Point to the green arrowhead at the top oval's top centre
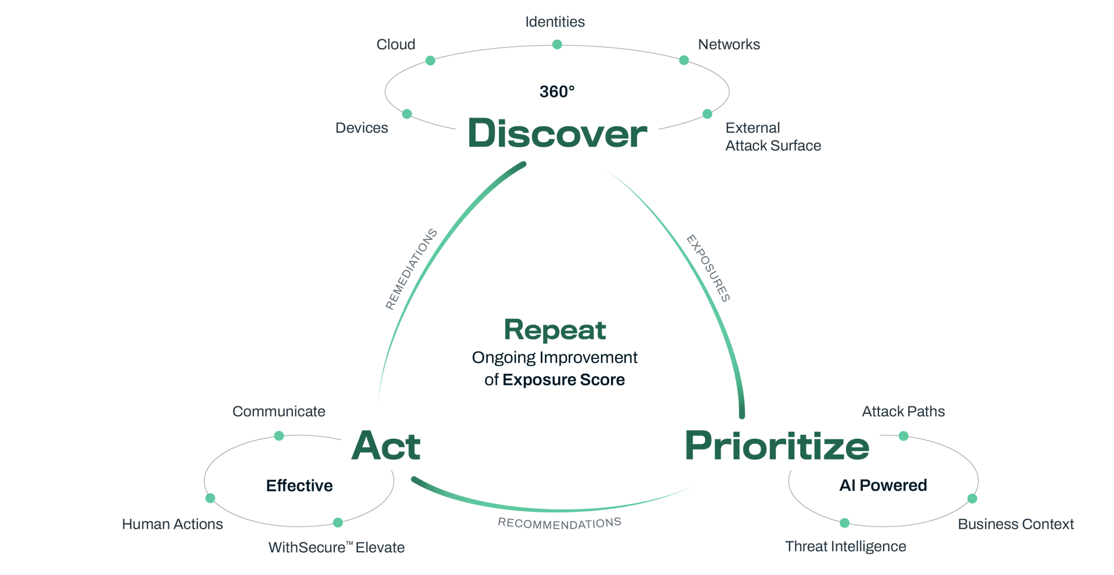click(556, 44)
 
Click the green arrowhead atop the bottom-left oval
click(279, 435)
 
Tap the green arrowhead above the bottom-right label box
click(903, 436)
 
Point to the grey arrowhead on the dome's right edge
click(690, 238)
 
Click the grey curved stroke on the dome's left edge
click(409, 267)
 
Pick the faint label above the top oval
click(554, 23)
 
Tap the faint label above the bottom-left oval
click(276, 413)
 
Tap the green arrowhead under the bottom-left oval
click(337, 524)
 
